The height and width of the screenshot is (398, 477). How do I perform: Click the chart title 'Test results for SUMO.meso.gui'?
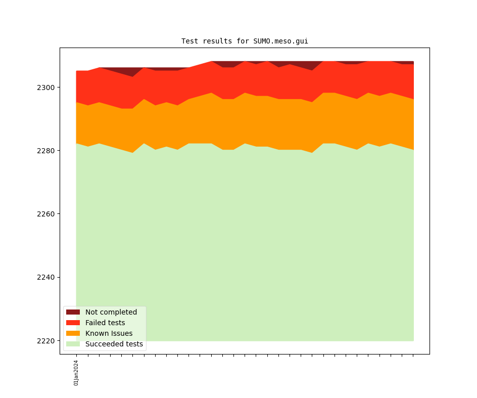point(245,41)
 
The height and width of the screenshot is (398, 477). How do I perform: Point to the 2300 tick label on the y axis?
point(46,87)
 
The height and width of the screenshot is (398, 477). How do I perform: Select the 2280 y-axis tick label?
point(46,151)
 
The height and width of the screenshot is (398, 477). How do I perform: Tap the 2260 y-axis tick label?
point(46,214)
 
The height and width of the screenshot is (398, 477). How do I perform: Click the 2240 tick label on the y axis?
point(46,277)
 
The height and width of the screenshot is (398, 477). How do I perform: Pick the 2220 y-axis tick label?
point(46,341)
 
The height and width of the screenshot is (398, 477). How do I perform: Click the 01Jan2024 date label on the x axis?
point(76,373)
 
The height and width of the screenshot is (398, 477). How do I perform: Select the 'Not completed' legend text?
point(111,312)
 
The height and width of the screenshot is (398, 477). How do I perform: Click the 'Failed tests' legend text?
point(105,323)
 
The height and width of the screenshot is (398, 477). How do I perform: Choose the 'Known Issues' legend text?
point(109,333)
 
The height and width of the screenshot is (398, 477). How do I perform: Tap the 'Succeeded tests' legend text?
point(114,344)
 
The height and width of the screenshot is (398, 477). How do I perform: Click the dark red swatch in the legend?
point(73,312)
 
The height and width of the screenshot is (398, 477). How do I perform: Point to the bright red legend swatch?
point(73,323)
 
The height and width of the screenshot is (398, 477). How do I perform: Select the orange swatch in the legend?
point(73,333)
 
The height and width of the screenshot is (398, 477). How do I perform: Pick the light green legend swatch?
point(73,344)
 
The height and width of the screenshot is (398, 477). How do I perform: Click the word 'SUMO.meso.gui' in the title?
point(280,41)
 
